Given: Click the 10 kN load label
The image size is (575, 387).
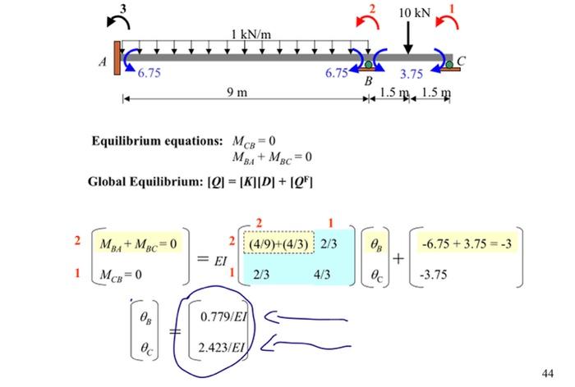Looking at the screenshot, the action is coord(415,13).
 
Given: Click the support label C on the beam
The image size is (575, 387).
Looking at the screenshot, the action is coord(461,60).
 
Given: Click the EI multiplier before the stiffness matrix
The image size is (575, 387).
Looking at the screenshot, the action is coord(216,262).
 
